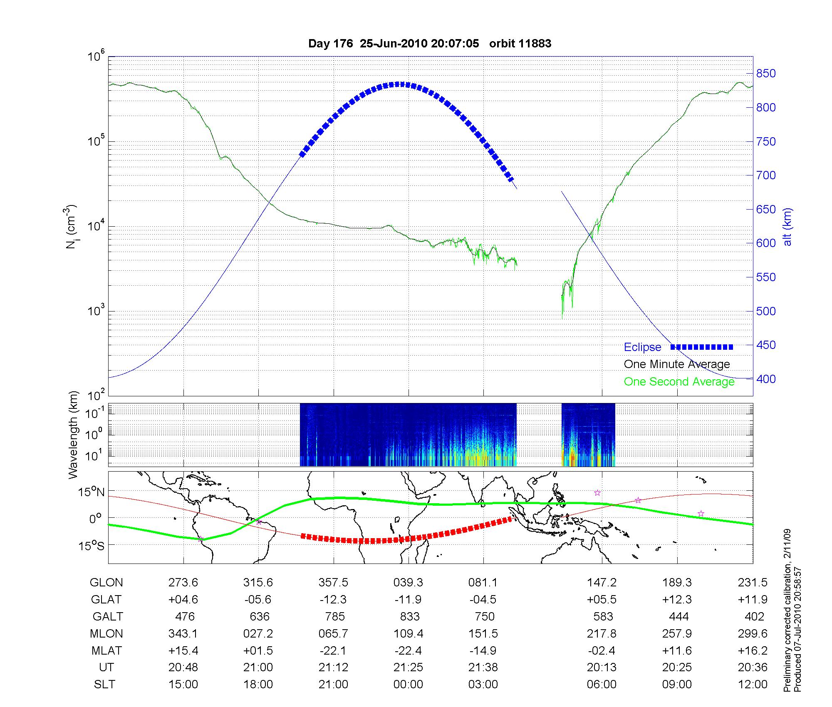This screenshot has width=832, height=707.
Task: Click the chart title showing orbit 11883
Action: pyautogui.click(x=429, y=44)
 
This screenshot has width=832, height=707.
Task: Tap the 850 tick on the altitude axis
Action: pyautogui.click(x=766, y=74)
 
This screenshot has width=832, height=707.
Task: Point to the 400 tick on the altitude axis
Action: pyautogui.click(x=766, y=379)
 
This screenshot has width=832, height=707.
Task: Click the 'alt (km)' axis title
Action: pyautogui.click(x=787, y=227)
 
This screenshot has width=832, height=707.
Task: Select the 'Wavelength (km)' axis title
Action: pyautogui.click(x=74, y=435)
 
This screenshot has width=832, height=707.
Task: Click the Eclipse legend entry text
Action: pyautogui.click(x=642, y=347)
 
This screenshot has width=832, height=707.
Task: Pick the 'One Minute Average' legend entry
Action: pyautogui.click(x=677, y=364)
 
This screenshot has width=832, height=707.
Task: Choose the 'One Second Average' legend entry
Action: pyautogui.click(x=679, y=382)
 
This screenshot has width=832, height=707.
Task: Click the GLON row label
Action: pyautogui.click(x=106, y=583)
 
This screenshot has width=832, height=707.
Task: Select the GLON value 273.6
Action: pyautogui.click(x=183, y=583)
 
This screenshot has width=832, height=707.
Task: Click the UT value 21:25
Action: pyautogui.click(x=408, y=667)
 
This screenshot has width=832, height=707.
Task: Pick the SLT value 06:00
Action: pyautogui.click(x=602, y=685)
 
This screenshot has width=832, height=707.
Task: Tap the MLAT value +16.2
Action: pyautogui.click(x=752, y=650)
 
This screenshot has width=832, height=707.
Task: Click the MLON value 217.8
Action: pyautogui.click(x=602, y=633)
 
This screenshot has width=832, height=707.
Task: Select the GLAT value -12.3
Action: pyautogui.click(x=333, y=599)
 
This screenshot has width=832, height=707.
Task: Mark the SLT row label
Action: pyautogui.click(x=104, y=685)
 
